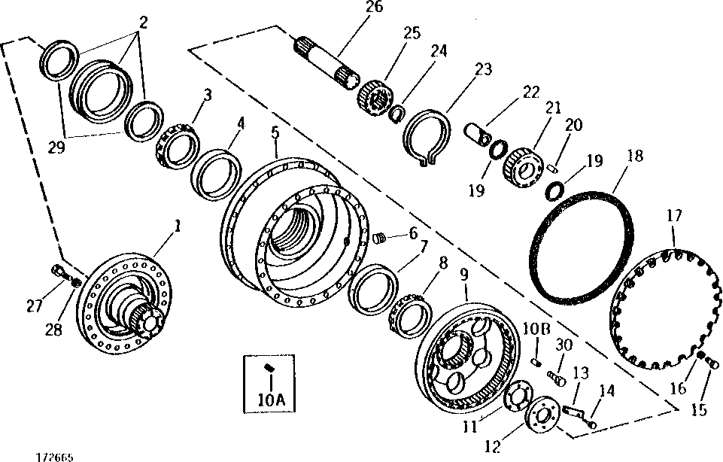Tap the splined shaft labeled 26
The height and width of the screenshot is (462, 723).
pyautogui.click(x=325, y=60)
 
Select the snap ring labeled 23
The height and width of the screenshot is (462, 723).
pyautogui.click(x=427, y=135)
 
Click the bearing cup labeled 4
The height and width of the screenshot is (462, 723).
pyautogui.click(x=217, y=175)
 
